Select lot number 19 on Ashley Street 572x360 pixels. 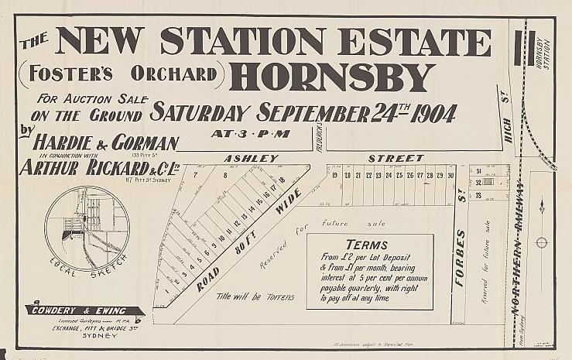tap(335, 176)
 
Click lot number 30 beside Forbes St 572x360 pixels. tap(450, 176)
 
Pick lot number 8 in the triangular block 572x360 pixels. tap(225, 176)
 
